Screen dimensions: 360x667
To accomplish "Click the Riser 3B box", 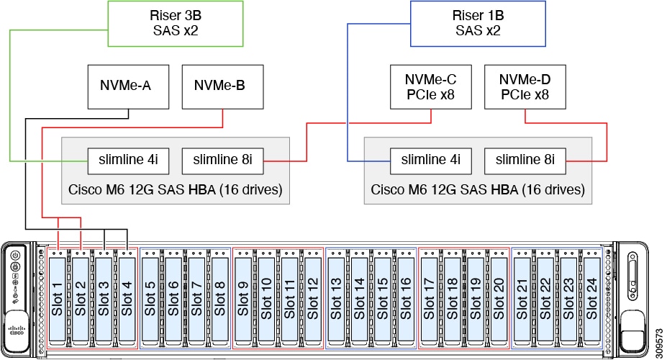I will [175, 24].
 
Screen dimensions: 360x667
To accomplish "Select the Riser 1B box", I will [478, 24].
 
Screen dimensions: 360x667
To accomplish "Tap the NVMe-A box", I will [128, 86].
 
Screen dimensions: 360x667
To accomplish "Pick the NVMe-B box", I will [219, 86].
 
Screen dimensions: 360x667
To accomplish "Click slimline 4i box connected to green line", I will [128, 160].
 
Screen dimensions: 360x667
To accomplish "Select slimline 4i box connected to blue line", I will [430, 160].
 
